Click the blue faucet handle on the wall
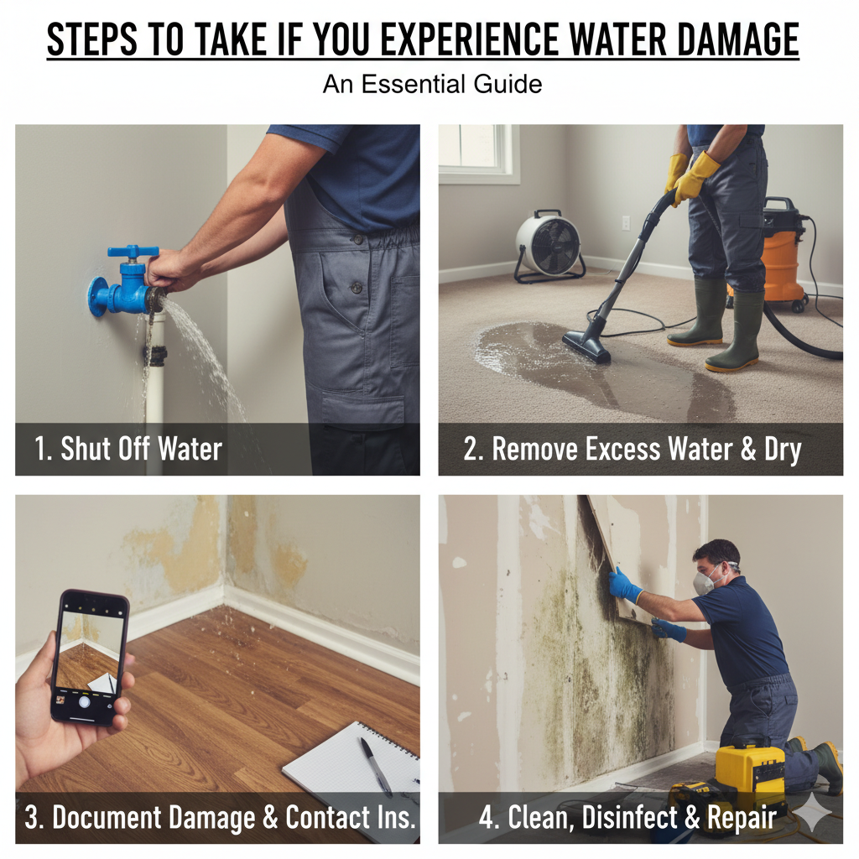[133, 252]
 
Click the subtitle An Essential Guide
[432, 85]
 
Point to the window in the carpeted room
[479, 153]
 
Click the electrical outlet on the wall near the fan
[626, 223]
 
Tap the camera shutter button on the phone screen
[84, 702]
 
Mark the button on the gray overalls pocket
[357, 287]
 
